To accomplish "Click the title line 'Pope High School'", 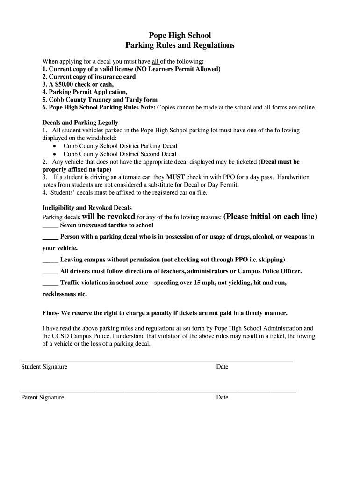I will click(180, 36).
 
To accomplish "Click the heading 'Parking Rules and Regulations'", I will click(180, 45).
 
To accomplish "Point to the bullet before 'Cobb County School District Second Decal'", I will click(55, 154).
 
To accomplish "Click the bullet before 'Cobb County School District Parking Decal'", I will click(55, 146).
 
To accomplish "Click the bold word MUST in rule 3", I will click(175, 177).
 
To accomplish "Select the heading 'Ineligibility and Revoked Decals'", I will click(87, 207).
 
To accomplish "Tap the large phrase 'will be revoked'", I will click(108, 217).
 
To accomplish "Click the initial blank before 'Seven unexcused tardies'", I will click(50, 226).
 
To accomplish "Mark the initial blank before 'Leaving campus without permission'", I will click(50, 260).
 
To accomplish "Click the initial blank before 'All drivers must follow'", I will click(50, 272).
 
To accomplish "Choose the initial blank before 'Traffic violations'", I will click(50, 283).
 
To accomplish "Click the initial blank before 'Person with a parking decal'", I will click(50, 237).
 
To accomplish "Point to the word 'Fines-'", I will click(51, 312).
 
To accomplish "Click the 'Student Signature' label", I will click(44, 367).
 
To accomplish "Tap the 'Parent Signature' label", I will click(43, 398).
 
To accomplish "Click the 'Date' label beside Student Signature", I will click(222, 367).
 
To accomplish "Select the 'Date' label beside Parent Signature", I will click(222, 398).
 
